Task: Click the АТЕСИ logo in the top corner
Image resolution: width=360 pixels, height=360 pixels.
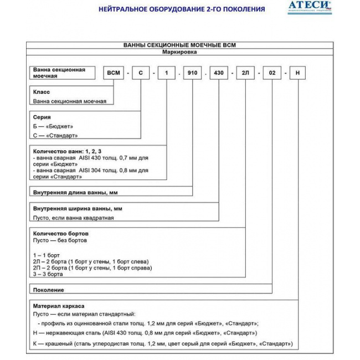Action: tap(310, 7)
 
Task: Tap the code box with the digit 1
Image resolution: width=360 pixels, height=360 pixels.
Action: tap(167, 73)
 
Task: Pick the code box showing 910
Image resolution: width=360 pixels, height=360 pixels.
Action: tap(193, 73)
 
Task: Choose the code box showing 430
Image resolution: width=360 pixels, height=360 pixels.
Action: tap(219, 73)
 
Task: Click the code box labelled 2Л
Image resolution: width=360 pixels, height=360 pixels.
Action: tap(245, 73)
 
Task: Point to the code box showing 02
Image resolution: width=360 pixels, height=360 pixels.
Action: tap(272, 73)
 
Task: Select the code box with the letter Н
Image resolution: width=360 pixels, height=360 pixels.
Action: tap(298, 73)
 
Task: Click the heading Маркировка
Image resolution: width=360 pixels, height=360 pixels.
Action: tap(180, 52)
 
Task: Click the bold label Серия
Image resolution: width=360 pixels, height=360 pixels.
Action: tap(42, 117)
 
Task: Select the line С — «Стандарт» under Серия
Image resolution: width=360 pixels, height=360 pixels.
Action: tap(55, 135)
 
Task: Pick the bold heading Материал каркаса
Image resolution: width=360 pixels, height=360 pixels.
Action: tap(59, 305)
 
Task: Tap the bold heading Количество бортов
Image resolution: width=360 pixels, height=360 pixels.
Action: tap(61, 234)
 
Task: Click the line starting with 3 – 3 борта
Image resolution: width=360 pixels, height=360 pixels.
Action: tap(48, 274)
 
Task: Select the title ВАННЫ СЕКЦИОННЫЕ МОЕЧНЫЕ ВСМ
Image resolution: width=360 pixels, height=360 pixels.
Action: tap(180, 45)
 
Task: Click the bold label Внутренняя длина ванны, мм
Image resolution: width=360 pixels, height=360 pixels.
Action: tap(75, 192)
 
